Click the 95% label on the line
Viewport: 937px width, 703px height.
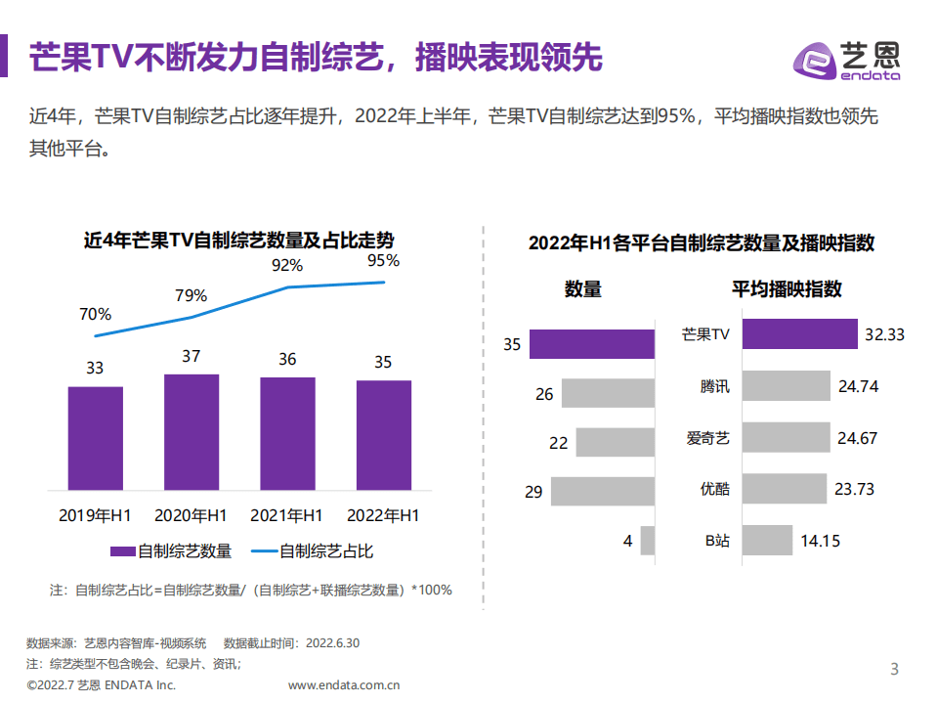point(383,261)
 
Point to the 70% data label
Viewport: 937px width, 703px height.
point(95,314)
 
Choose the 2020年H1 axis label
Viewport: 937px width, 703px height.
point(192,515)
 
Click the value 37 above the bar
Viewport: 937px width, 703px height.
point(191,356)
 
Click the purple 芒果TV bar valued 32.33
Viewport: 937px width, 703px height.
point(798,333)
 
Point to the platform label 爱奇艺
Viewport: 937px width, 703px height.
point(707,438)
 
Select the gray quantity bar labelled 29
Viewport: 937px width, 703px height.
point(602,490)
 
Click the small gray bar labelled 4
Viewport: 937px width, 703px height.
point(647,541)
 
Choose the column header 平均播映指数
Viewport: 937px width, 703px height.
point(787,288)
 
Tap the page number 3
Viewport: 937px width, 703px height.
point(893,669)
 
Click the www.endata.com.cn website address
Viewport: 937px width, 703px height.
point(344,685)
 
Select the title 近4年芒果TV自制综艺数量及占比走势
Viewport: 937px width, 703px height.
point(238,241)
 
